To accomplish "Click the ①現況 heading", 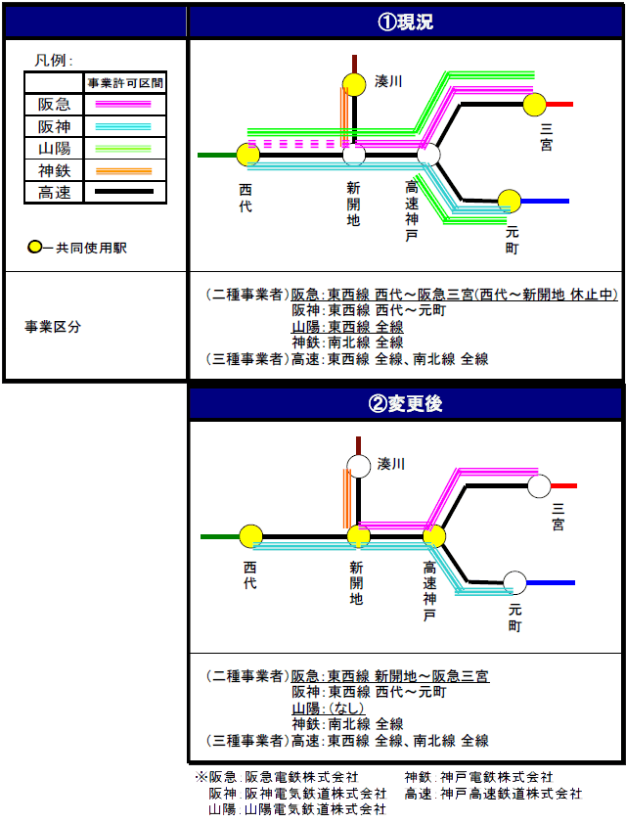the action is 405,23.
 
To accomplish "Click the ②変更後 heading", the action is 405,403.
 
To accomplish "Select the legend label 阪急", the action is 54,104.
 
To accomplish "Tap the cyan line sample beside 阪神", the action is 123,126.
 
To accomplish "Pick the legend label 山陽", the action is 54,149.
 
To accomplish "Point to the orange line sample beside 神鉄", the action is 123,171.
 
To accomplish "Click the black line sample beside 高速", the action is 124,192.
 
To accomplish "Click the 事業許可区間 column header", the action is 125,83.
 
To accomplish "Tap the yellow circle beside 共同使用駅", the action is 34,247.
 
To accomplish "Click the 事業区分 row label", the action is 53,327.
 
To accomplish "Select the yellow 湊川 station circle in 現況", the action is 354,84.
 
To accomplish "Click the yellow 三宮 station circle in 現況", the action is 535,105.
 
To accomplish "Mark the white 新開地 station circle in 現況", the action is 354,155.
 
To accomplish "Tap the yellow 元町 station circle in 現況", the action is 509,201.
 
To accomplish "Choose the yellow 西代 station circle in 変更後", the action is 250,536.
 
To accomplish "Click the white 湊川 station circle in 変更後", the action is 359,466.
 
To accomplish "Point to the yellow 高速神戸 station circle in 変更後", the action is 434,536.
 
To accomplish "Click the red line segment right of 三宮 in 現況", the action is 559,105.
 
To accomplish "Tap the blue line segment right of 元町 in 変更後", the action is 551,582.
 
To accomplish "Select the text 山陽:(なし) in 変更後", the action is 328,709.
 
